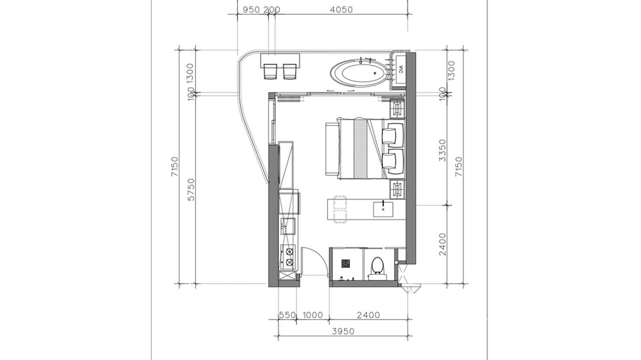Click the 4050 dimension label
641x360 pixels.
coord(341,10)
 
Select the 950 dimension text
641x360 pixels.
coord(251,10)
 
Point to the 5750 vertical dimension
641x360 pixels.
coord(191,189)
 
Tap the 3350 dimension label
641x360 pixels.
coord(442,150)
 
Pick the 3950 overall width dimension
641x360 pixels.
coord(342,331)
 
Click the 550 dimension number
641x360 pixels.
coord(287,315)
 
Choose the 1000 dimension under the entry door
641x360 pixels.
coord(313,315)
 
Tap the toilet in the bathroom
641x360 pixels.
coord(378,265)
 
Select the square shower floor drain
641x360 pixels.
coord(346,263)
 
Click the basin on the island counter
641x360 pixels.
coord(383,208)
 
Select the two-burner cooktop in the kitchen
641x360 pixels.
coord(289,257)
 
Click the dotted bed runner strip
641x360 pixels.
coord(360,149)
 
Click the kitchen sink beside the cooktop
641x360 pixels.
coord(288,225)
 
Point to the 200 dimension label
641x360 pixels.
coord(272,10)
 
